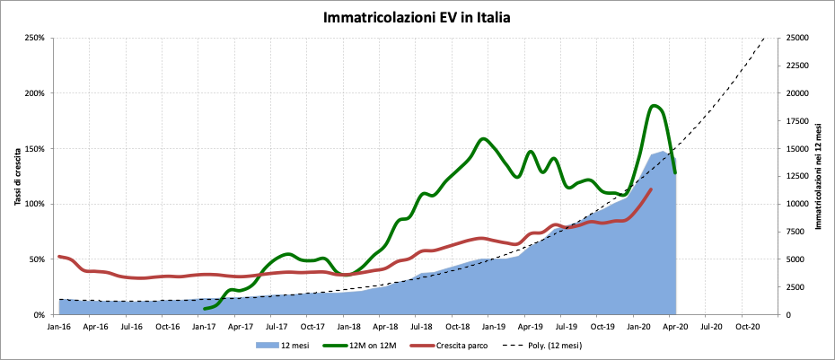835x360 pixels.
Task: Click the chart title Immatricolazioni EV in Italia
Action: pos(417,17)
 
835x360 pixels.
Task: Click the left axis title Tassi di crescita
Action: pos(18,176)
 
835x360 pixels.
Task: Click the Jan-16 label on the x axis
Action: pos(59,327)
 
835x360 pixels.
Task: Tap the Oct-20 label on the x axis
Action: pos(747,327)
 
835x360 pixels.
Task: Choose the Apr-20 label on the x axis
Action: pos(675,327)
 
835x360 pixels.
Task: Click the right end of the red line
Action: pos(651,189)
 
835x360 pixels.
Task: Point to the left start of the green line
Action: pos(205,309)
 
